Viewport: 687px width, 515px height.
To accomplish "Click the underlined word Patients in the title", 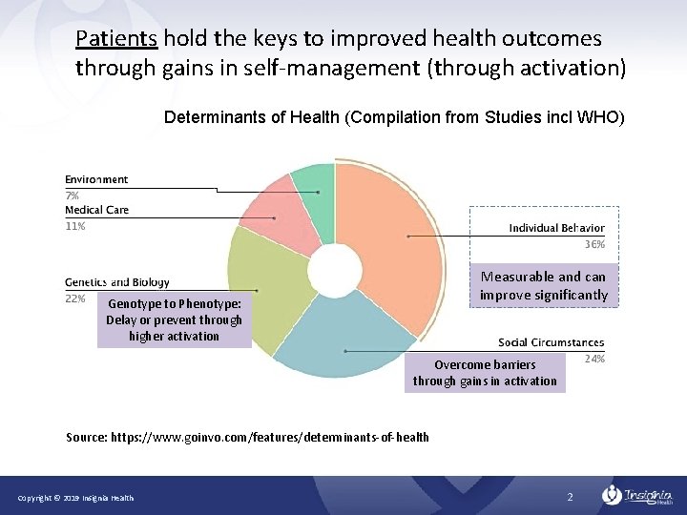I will point(116,39).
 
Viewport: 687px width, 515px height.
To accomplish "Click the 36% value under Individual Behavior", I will point(593,245).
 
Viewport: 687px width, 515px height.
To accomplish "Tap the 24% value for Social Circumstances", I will point(593,360).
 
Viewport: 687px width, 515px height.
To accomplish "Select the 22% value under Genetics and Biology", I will point(74,299).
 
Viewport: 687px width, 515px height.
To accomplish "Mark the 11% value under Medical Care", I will point(74,226).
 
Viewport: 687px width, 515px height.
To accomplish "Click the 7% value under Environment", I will point(72,196).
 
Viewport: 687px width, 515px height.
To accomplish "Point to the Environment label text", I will point(96,179).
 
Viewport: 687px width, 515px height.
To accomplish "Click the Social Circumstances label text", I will point(551,343).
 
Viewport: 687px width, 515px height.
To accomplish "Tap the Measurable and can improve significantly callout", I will point(543,286).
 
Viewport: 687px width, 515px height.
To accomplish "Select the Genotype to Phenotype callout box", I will point(174,319).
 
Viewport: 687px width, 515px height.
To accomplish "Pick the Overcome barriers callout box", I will point(485,373).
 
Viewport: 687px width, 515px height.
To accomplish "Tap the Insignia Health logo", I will point(638,496).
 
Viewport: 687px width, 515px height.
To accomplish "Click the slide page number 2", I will point(569,497).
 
